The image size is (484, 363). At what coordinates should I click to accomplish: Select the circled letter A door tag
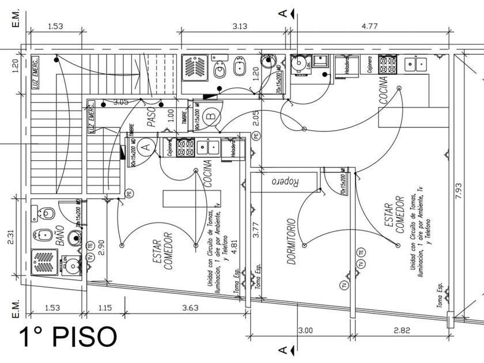click(146, 147)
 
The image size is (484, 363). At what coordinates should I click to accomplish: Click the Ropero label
click(285, 181)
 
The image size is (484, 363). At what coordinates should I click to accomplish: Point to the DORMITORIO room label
click(292, 241)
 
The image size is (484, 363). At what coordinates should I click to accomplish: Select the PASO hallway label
click(152, 116)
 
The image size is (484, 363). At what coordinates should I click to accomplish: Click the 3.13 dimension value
click(240, 25)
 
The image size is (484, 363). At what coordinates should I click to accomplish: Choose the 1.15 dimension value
click(105, 308)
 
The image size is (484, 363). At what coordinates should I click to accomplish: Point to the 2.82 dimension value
click(402, 330)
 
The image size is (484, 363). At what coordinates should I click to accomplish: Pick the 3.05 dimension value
click(120, 102)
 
